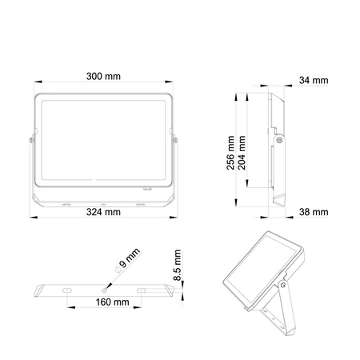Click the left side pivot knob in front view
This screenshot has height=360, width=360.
click(32, 142)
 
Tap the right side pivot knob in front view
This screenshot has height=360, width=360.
click(175, 142)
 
